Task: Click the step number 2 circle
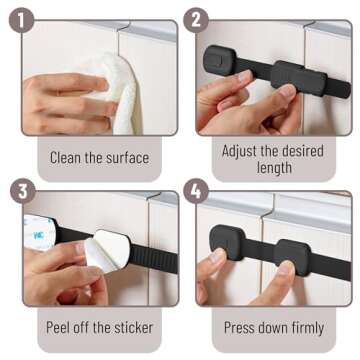[196, 17]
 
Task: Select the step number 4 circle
[196, 190]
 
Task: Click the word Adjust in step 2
[239, 148]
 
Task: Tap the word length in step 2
[271, 167]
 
